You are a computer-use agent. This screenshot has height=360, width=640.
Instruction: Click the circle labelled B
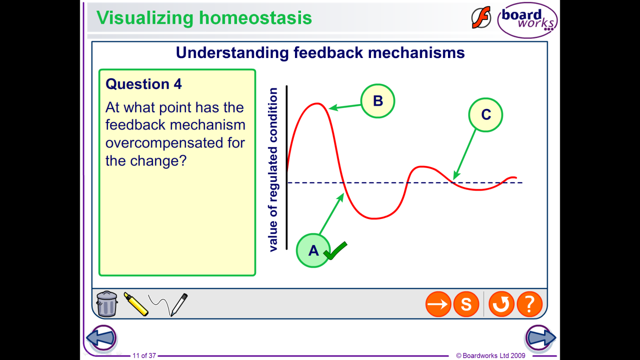point(378,101)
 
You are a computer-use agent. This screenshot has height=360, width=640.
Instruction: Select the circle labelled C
point(486,115)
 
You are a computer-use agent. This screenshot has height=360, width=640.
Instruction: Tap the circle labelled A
point(314,251)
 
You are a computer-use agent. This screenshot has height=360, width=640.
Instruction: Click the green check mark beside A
point(335,251)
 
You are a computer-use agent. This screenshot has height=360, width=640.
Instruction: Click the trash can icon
point(107,304)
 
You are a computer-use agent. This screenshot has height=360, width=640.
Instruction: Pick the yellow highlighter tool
point(136,304)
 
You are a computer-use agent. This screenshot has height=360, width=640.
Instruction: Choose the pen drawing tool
point(168,305)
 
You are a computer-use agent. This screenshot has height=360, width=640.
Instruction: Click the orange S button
point(466,304)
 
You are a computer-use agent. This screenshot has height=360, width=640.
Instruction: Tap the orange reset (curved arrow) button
point(501,304)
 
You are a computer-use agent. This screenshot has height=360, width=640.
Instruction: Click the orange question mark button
point(530,304)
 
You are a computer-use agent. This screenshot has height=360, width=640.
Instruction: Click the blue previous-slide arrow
point(102,338)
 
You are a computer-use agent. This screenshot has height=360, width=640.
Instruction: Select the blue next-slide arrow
point(540,338)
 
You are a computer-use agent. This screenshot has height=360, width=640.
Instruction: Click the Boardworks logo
point(527,20)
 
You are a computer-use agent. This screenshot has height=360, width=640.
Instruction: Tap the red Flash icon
point(481,18)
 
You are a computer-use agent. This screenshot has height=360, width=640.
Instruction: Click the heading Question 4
point(143,84)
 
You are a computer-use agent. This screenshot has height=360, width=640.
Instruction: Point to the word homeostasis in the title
point(255,18)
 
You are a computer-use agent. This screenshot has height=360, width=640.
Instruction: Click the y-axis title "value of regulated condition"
point(273,170)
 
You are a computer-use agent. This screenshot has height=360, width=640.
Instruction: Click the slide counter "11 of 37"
point(144,355)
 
